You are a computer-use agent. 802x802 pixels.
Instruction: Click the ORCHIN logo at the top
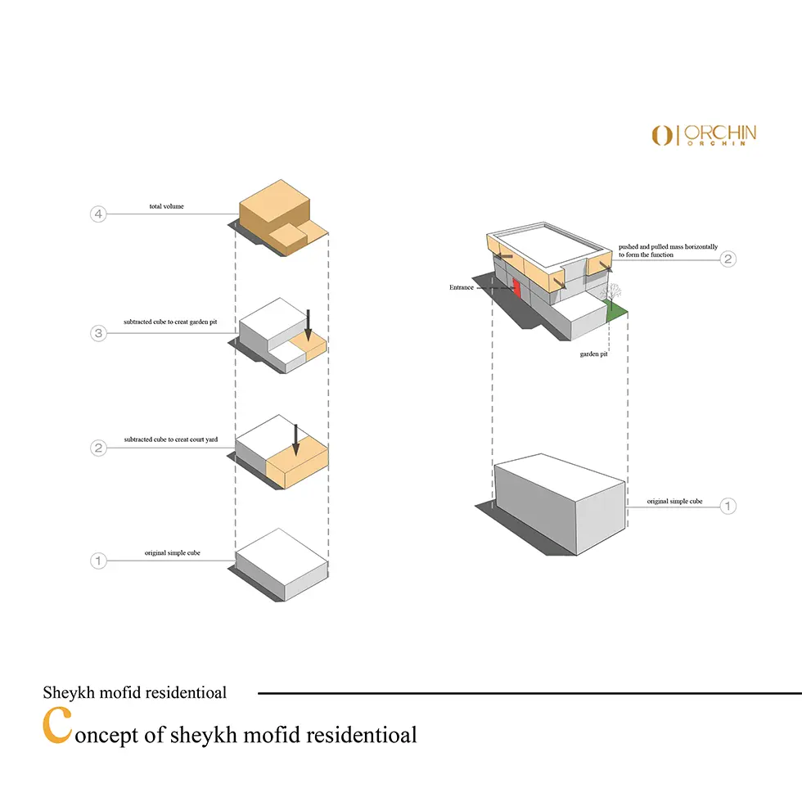click(704, 135)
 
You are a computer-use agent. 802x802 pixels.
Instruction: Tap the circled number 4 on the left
click(98, 214)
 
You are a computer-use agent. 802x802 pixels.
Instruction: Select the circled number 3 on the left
click(98, 333)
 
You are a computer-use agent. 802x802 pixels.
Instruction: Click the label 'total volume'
click(166, 206)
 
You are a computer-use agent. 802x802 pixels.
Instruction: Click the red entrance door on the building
click(517, 289)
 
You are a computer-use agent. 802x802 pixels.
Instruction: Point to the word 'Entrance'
click(461, 288)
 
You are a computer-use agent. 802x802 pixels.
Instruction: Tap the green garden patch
click(617, 309)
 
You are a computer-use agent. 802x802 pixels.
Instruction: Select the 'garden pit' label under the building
click(593, 354)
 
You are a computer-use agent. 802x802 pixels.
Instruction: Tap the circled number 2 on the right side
click(728, 259)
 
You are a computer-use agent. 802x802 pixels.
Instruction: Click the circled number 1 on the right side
click(728, 506)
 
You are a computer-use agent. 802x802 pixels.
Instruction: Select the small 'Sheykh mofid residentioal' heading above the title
click(134, 692)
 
